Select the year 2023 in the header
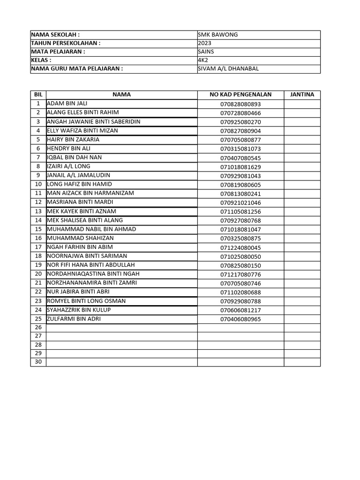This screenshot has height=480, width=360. pos(205,43)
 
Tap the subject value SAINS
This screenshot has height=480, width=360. pos(206,52)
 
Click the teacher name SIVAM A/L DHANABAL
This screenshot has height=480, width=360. pos(228,68)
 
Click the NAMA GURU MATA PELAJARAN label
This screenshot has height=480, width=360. pos(77,68)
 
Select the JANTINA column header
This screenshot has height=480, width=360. pos(302,95)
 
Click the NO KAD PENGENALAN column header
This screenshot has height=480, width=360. pos(240,95)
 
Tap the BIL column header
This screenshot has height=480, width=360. pos(38,95)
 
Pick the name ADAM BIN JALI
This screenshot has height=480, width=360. pos(67,104)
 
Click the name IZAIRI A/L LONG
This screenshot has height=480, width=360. pos(68,166)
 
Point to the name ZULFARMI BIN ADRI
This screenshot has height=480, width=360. pos(74,319)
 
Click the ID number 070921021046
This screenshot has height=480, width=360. pos(240,202)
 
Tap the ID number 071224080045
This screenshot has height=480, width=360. pos(240,247)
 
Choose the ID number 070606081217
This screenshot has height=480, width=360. pos(240,310)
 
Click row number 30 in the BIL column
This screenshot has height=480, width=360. pos(38,362)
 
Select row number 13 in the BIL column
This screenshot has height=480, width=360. pos(38,211)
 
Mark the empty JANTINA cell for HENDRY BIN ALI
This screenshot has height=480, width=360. pos(302,149)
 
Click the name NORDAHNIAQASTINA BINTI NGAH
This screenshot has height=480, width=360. pos(93,274)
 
